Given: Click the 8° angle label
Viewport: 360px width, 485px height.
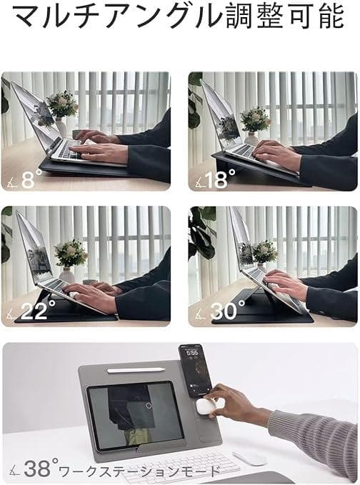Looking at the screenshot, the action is click(31, 179).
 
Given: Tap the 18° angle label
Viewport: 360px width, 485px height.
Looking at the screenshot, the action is click(220, 179).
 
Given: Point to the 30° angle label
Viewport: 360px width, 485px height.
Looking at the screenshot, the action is click(227, 310).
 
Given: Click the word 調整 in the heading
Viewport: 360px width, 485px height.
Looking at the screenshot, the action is click(254, 16).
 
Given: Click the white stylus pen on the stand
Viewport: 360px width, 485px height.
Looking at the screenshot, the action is click(136, 370).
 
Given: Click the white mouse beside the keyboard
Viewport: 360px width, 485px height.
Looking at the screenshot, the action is click(249, 458).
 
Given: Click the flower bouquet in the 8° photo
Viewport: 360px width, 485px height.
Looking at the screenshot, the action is click(62, 104).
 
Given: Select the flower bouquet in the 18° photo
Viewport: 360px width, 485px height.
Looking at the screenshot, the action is click(255, 120).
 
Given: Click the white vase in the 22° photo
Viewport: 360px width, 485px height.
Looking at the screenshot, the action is click(67, 275).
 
